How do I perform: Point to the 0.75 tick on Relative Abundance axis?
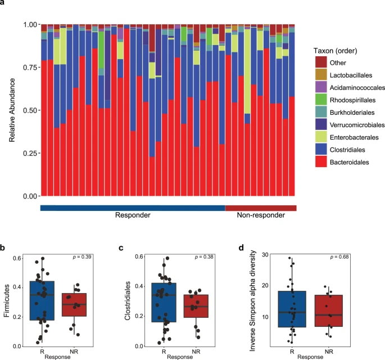pos(29,68)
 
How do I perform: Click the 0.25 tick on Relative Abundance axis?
pos(29,154)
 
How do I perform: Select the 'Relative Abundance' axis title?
pos(13,111)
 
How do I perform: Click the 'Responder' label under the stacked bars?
pos(133,216)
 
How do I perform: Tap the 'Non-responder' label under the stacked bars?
pos(260,216)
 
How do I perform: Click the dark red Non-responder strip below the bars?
pos(260,208)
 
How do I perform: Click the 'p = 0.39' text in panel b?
pos(85,257)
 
